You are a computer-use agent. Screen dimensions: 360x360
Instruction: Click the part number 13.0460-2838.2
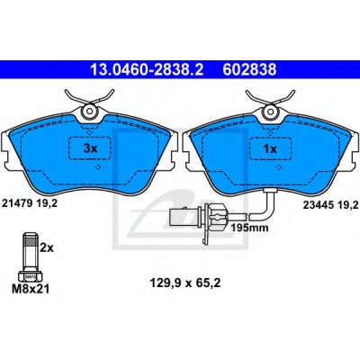(147, 69)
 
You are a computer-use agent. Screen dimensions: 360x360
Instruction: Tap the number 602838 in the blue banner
(249, 69)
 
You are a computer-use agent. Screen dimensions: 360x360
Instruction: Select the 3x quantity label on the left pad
(90, 148)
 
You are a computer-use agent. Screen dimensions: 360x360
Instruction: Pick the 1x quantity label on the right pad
(270, 148)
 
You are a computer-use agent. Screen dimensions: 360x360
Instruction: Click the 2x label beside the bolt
(47, 247)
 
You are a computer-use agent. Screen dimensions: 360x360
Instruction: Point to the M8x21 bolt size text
(31, 289)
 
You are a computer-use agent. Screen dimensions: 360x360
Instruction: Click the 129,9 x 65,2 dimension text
(185, 283)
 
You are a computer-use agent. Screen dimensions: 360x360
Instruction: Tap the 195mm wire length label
(249, 228)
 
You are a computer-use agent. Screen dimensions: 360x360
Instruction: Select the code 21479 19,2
(30, 203)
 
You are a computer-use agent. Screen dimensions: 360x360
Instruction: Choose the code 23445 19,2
(331, 205)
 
